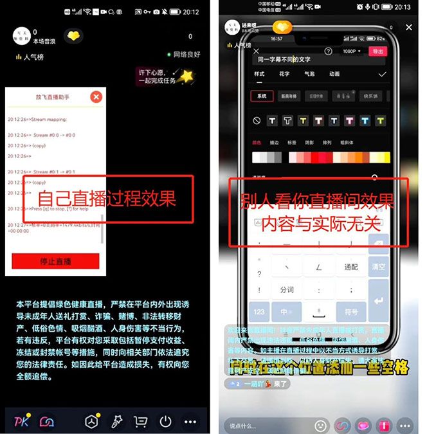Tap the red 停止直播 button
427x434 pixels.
[x=55, y=262]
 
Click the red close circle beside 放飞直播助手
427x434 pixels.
[x=96, y=97]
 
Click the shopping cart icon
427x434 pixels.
[x=140, y=422]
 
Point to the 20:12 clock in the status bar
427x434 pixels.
[x=191, y=12]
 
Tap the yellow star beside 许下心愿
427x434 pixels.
[x=186, y=77]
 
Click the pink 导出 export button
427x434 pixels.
[x=377, y=51]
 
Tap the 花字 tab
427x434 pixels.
[x=284, y=74]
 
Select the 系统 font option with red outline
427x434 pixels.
[x=261, y=96]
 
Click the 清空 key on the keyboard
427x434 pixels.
[x=378, y=266]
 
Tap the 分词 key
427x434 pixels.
[x=286, y=290]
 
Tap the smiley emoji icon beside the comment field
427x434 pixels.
[x=320, y=426]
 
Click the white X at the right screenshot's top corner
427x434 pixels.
[x=409, y=28]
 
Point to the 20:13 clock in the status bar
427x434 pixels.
[x=402, y=7]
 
